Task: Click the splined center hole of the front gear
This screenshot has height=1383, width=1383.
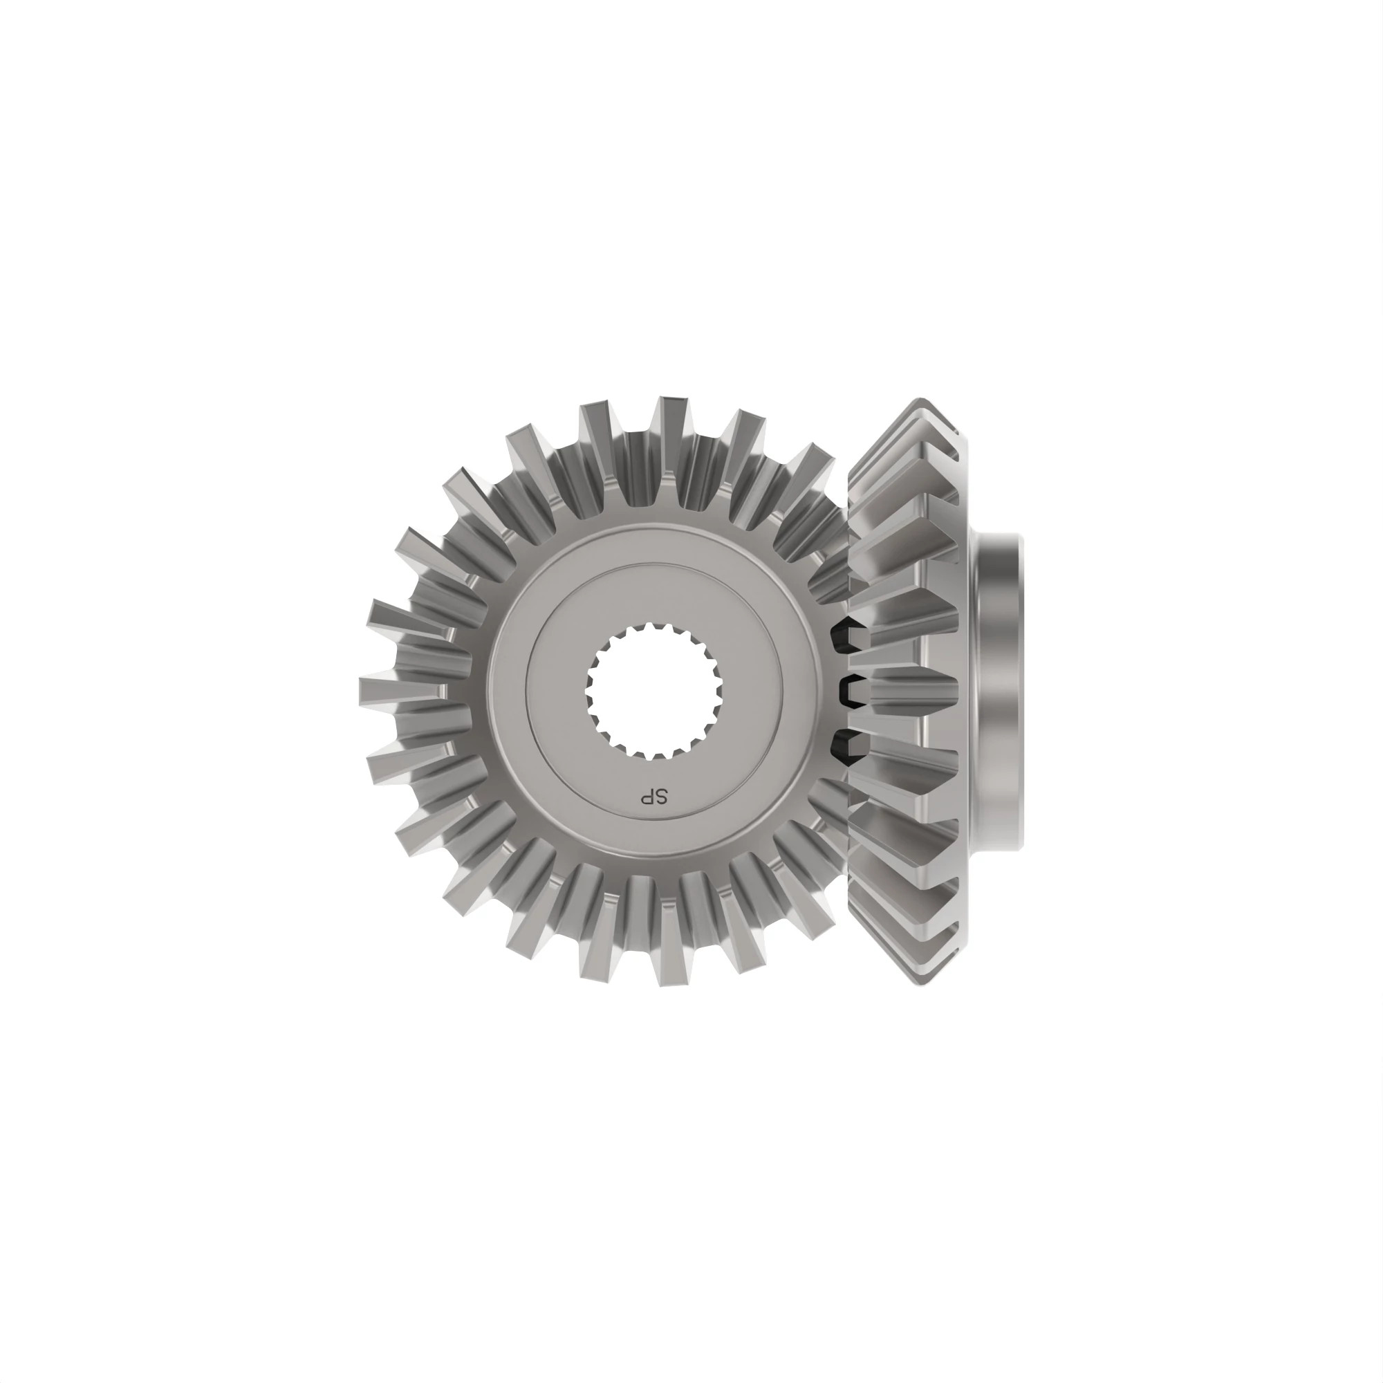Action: [654, 691]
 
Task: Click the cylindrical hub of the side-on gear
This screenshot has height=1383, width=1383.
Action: [1002, 691]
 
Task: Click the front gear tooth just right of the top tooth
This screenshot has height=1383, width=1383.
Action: [748, 433]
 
